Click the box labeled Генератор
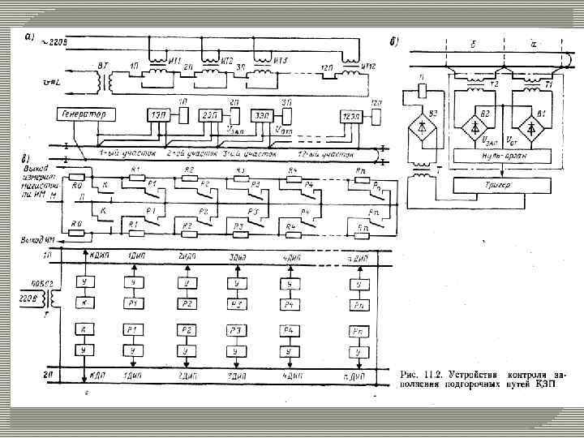tap(84, 114)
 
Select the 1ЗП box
tap(157, 115)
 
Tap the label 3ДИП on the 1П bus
tap(237, 256)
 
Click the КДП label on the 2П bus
tap(100, 376)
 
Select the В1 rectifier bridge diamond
tap(531, 128)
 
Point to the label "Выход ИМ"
tap(36, 239)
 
